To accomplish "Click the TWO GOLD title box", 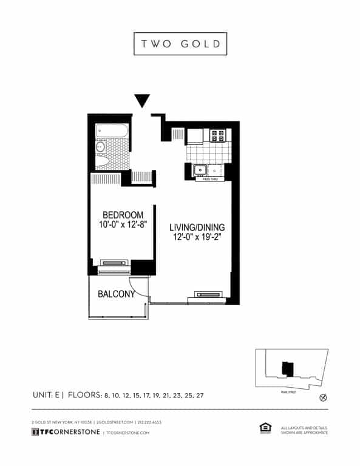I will click(180, 44).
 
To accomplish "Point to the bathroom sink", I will click(101, 147).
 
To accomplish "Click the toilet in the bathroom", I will click(102, 162).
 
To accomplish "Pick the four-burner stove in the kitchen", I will click(218, 135).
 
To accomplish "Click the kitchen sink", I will click(200, 170).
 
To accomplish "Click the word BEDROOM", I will click(123, 215).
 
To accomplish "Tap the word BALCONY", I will click(116, 295).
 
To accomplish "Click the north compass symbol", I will click(323, 398).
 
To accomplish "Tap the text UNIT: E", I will click(47, 395).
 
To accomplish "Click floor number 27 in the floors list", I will click(199, 396).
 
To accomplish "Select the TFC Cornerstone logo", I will click(66, 432).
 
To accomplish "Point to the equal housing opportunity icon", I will click(265, 429).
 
